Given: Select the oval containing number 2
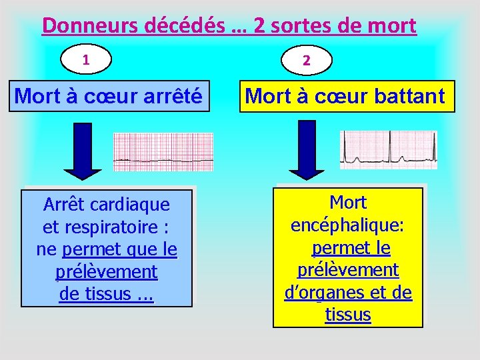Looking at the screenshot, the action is [x=307, y=60].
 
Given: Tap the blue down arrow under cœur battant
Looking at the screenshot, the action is [x=307, y=150].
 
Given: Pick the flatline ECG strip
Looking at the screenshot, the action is [x=163, y=152].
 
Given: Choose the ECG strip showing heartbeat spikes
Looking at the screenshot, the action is [x=389, y=150].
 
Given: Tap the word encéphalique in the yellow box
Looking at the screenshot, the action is [x=347, y=225].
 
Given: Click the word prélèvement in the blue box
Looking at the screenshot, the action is [x=107, y=272].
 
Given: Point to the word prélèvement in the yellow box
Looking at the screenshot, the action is [x=347, y=270].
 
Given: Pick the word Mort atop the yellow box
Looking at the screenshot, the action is [x=348, y=201].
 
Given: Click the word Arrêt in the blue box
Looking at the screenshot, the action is [x=65, y=204].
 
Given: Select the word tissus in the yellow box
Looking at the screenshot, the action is [x=348, y=315].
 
